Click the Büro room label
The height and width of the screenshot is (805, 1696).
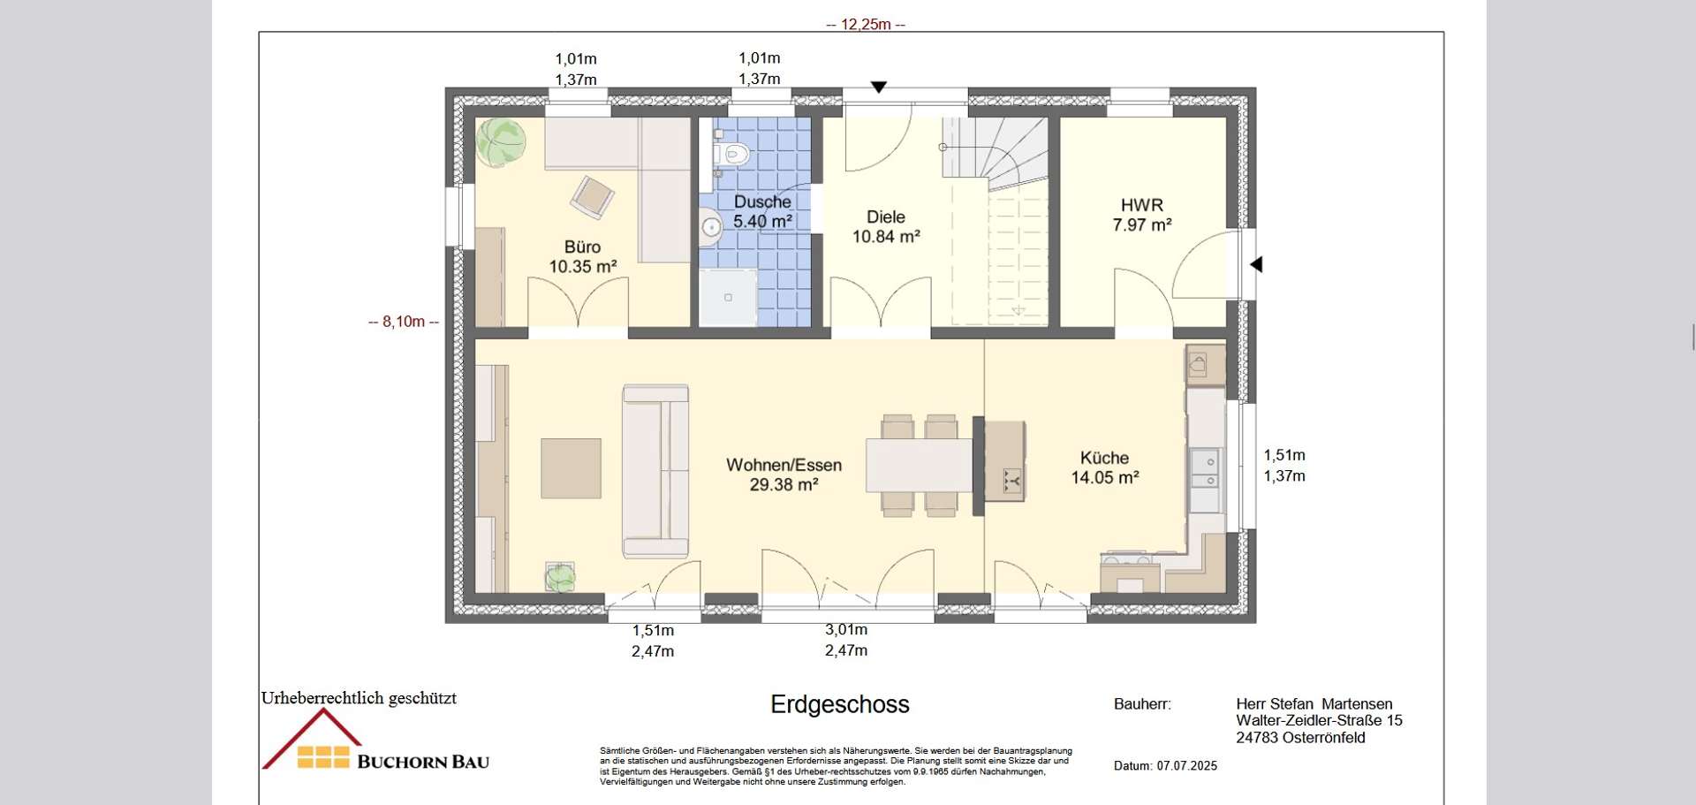pos(582,247)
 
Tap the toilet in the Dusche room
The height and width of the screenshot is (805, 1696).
pos(731,155)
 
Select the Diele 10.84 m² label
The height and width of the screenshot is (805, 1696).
pos(886,226)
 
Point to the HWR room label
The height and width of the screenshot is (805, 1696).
pos(1142,205)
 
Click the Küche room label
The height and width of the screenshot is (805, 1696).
pos(1104,458)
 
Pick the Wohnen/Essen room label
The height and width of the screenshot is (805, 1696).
pos(784,465)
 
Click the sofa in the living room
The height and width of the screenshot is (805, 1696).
pos(655,471)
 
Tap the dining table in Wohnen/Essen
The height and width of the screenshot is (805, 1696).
pos(919,465)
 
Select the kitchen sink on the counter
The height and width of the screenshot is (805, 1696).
pos(1204,468)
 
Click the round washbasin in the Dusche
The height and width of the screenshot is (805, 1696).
pos(711,227)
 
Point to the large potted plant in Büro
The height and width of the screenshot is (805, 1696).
pos(501,142)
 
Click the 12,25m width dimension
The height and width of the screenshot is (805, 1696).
pos(866,25)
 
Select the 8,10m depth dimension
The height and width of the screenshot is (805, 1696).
pos(404,322)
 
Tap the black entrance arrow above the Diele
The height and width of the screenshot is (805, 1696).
pos(879,87)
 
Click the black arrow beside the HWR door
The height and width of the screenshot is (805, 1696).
pos(1256,264)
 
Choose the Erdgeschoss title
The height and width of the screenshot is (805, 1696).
pos(840,704)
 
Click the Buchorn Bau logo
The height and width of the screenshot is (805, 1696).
pos(375,740)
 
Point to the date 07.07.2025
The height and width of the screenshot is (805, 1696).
pos(1187,766)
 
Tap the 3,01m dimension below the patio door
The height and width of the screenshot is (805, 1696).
pos(846,630)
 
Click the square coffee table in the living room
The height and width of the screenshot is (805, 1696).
pos(571,468)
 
